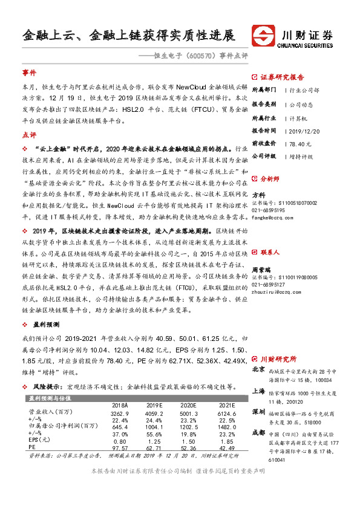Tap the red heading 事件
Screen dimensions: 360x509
pos(29,73)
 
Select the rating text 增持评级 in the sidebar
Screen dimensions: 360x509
pos(301,157)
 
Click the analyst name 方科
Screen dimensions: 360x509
pos(258,195)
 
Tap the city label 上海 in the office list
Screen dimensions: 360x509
pos(258,392)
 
